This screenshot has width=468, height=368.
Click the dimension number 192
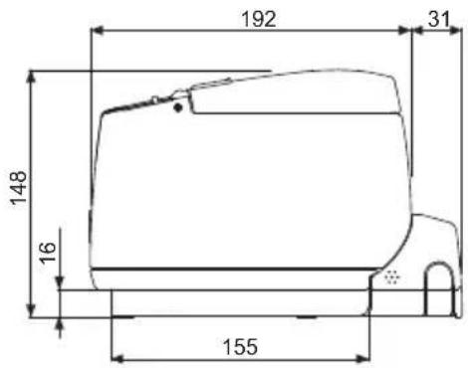coord(259,19)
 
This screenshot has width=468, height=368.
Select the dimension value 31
coord(439,19)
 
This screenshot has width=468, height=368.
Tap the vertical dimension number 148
coord(18,188)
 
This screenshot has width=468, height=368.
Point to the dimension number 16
coord(47,253)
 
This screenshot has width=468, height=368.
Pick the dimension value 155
coord(240,347)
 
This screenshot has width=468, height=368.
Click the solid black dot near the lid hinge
coord(178,107)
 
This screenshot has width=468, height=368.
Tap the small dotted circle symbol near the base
coord(392,276)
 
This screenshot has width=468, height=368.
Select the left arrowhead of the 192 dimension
coord(98,31)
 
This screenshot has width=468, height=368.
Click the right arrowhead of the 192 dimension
coord(405,31)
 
